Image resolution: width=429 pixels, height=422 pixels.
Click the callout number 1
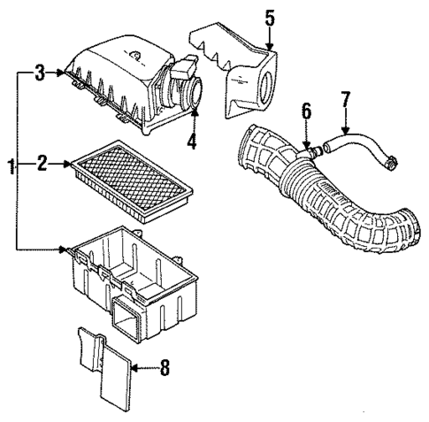click(x=11, y=165)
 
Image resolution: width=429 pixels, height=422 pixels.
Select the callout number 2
click(x=42, y=163)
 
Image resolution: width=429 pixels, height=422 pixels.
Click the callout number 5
click(x=270, y=16)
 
